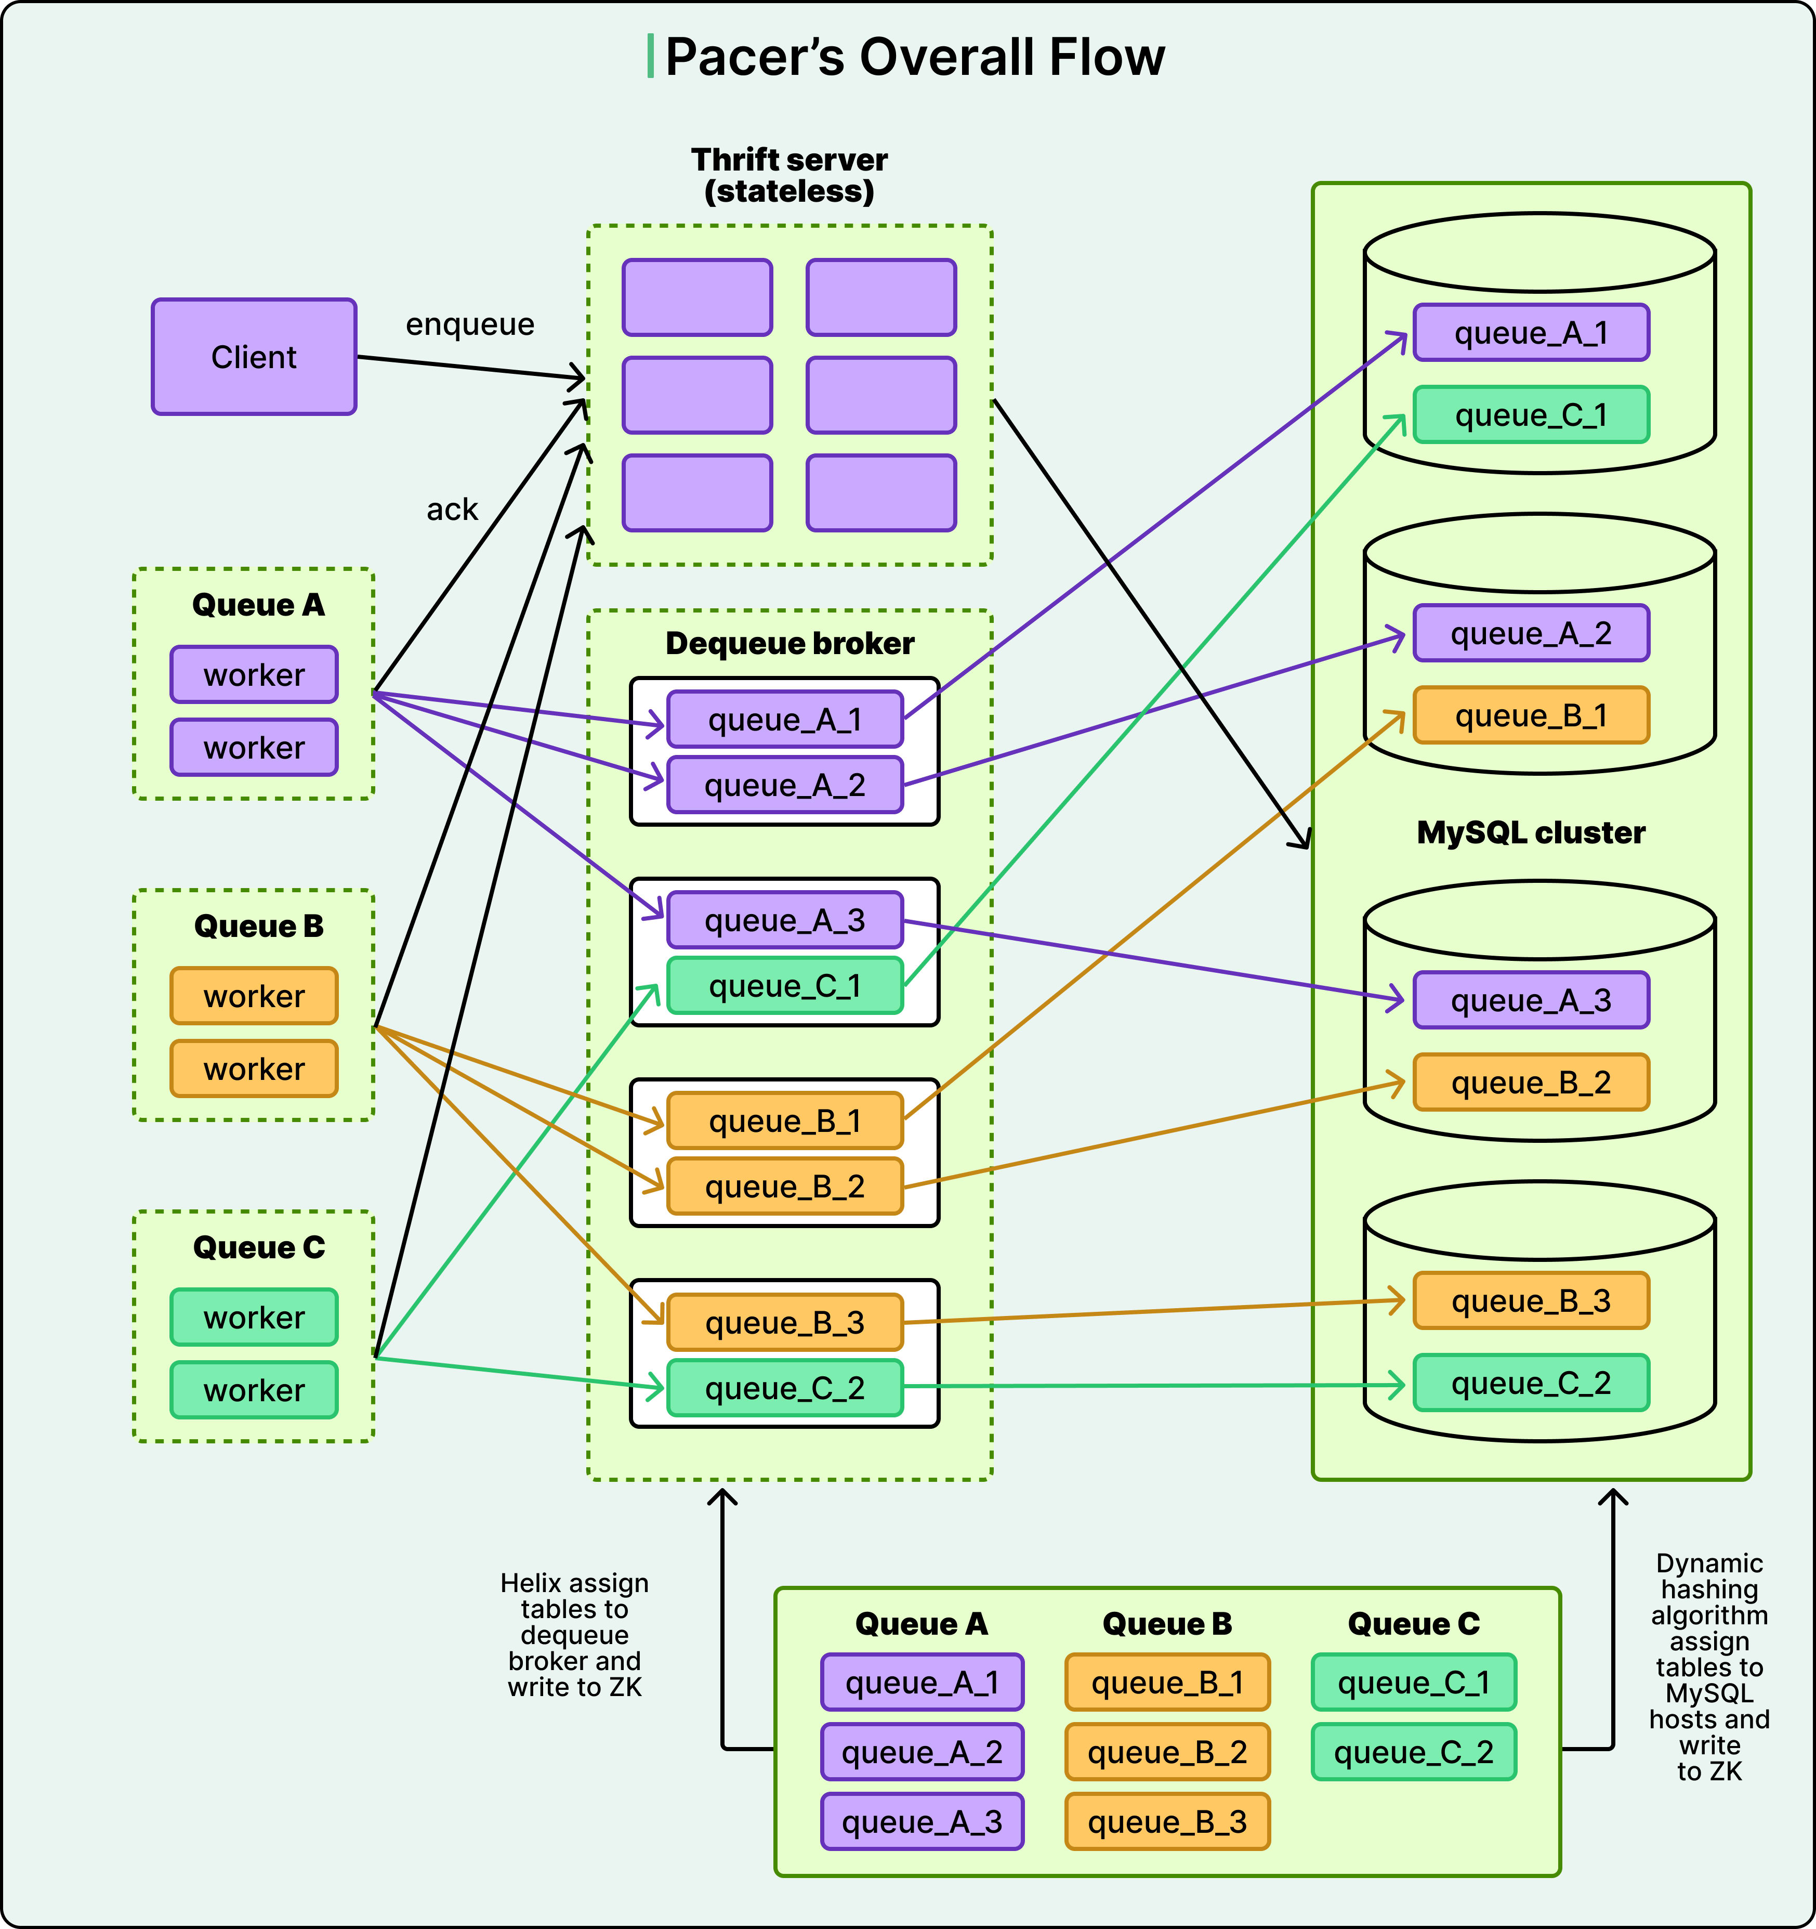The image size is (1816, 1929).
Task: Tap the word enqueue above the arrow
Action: (x=469, y=324)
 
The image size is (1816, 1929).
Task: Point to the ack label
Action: (x=452, y=510)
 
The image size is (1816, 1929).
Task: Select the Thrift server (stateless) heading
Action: (x=788, y=175)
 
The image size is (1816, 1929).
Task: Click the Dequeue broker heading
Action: (x=788, y=643)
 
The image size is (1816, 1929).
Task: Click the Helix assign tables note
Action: (x=574, y=1635)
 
